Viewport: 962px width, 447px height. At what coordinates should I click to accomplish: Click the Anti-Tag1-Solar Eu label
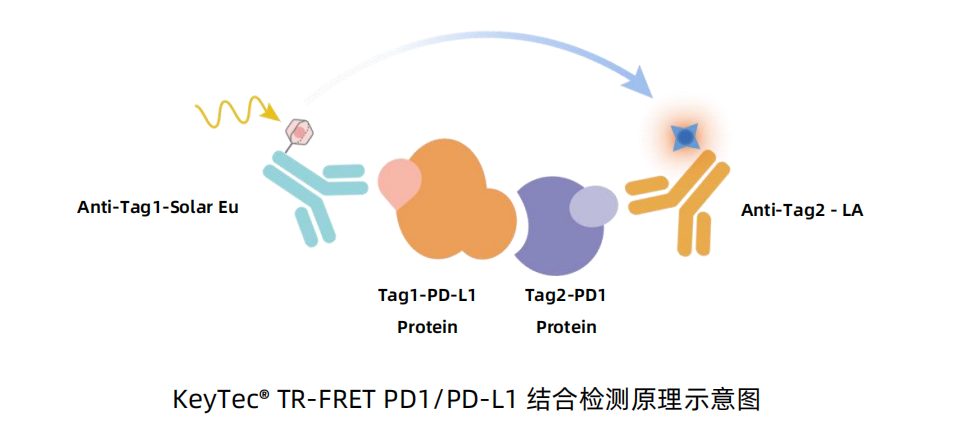[158, 208]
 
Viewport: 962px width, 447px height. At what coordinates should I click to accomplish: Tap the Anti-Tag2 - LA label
[802, 210]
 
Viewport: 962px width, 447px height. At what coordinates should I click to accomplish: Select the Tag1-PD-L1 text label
[427, 296]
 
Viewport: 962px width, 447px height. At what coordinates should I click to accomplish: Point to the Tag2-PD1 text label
[566, 296]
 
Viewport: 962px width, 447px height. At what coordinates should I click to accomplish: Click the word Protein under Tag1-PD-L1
[427, 327]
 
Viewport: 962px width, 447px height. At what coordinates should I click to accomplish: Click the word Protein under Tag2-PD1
[566, 327]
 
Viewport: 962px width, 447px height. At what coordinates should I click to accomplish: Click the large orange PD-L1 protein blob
[454, 202]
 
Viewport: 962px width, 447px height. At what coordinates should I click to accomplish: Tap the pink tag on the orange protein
[399, 182]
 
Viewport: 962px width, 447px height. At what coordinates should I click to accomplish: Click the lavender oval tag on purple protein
[593, 205]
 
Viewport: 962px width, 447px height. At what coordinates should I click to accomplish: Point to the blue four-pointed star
[684, 138]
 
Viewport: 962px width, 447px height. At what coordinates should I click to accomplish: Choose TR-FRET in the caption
[326, 400]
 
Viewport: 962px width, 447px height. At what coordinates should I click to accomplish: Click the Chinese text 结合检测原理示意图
[644, 400]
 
